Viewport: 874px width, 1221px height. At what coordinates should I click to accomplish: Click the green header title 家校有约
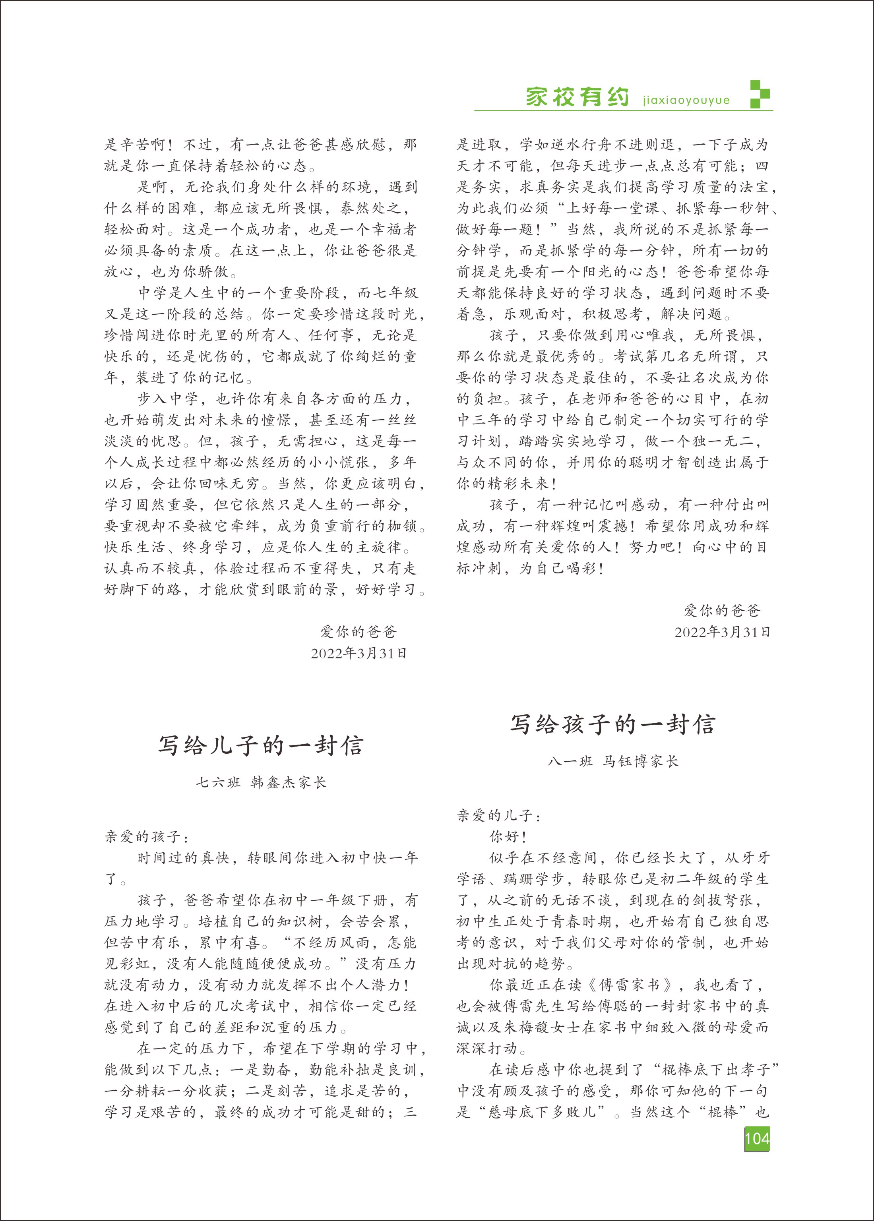tap(577, 97)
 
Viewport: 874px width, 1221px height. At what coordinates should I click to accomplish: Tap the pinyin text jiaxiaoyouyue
tap(686, 101)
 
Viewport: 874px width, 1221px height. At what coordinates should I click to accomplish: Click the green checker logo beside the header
tap(760, 94)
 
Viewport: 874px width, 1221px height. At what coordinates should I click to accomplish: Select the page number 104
tap(757, 1139)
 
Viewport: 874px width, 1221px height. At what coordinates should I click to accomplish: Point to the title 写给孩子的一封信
tap(612, 724)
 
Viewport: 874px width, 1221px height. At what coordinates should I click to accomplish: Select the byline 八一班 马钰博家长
tap(613, 761)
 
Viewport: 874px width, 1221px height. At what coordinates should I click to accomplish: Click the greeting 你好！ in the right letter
tap(508, 837)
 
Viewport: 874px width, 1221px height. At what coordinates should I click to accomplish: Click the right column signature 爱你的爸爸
tap(722, 610)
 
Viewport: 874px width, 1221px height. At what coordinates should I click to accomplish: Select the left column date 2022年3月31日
tap(359, 653)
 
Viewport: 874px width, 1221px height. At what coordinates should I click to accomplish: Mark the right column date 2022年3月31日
tap(722, 632)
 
